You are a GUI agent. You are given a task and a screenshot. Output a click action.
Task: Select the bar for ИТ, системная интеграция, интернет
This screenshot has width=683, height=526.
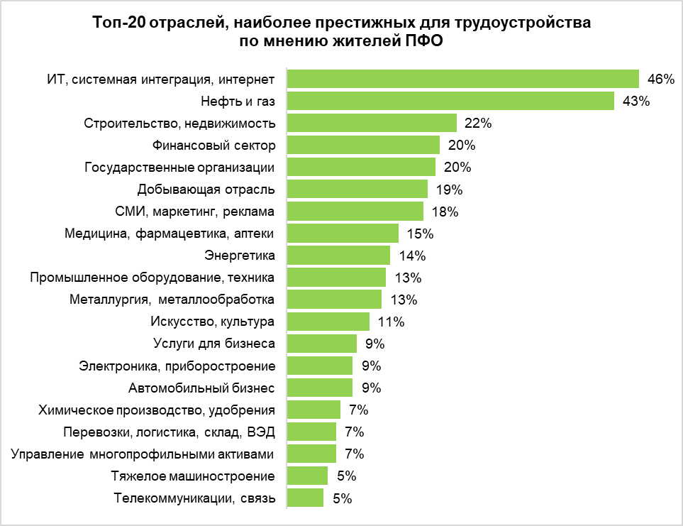coord(462,79)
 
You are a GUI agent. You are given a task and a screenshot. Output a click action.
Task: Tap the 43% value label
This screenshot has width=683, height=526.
coord(635,101)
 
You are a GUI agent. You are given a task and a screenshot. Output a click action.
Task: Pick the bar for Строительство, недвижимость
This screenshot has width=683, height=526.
coord(371,123)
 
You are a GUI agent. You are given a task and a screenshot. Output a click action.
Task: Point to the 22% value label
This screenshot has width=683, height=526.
coord(478,123)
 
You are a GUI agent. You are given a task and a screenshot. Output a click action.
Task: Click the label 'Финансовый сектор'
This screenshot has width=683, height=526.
coord(213,145)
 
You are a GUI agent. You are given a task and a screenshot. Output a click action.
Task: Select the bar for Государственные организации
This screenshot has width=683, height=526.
coord(360,167)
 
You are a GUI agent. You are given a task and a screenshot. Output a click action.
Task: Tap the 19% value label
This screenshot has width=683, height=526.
coord(448,190)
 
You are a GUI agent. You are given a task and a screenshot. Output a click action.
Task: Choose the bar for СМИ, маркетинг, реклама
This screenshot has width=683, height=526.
coord(355,212)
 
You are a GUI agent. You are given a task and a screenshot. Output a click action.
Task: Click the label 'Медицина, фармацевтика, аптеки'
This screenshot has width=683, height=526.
coord(169,234)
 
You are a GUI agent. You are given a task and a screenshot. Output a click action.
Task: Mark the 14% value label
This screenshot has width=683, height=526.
coord(411,256)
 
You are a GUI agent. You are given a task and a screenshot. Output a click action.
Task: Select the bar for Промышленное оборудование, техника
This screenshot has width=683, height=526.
coord(336,278)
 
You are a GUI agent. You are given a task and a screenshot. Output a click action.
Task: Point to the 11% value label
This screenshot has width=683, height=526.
coord(391,322)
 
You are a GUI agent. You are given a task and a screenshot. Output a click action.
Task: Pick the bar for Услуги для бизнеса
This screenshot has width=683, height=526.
coord(321,344)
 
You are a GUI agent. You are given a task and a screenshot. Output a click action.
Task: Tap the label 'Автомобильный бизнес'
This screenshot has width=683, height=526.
coord(201,388)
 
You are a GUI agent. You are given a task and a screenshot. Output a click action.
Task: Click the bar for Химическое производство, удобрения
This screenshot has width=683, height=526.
coord(313,410)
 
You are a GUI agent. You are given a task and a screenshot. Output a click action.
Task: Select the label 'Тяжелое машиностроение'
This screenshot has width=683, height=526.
coord(194,476)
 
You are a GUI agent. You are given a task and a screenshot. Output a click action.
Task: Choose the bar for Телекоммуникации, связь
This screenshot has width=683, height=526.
coord(305,498)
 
